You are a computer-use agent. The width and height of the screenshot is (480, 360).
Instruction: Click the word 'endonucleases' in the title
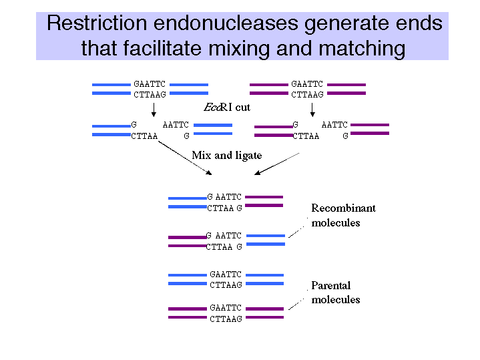226,23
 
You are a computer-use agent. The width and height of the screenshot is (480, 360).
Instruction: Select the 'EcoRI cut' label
227,108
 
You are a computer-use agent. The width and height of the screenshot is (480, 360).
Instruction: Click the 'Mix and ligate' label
227,156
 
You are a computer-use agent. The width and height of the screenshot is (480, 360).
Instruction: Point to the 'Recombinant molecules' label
343,215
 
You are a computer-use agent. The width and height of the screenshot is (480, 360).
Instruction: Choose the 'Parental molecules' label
336,293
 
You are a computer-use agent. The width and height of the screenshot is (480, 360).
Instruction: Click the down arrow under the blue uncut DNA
154,110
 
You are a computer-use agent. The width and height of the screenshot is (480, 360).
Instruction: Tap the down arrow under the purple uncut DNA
312,110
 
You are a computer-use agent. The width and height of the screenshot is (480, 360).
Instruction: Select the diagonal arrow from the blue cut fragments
185,158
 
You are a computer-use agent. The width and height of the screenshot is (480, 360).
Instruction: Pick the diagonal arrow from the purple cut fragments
277,164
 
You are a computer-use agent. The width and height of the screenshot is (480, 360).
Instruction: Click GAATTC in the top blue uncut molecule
150,84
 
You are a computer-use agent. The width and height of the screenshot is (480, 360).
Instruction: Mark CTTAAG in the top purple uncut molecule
307,95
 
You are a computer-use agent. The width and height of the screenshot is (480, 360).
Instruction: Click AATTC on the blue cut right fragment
176,125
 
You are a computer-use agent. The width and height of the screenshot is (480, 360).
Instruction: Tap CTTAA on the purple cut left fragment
306,136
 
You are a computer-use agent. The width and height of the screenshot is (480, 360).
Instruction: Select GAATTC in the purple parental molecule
226,308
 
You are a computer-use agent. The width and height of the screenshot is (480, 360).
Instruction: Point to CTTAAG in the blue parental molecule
226,285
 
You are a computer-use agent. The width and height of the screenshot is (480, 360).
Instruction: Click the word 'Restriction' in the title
97,23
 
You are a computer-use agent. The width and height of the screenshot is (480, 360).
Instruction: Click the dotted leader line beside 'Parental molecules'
298,300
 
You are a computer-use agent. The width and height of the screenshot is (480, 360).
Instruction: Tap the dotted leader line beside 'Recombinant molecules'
298,228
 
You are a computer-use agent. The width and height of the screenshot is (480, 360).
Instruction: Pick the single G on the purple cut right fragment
345,136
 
